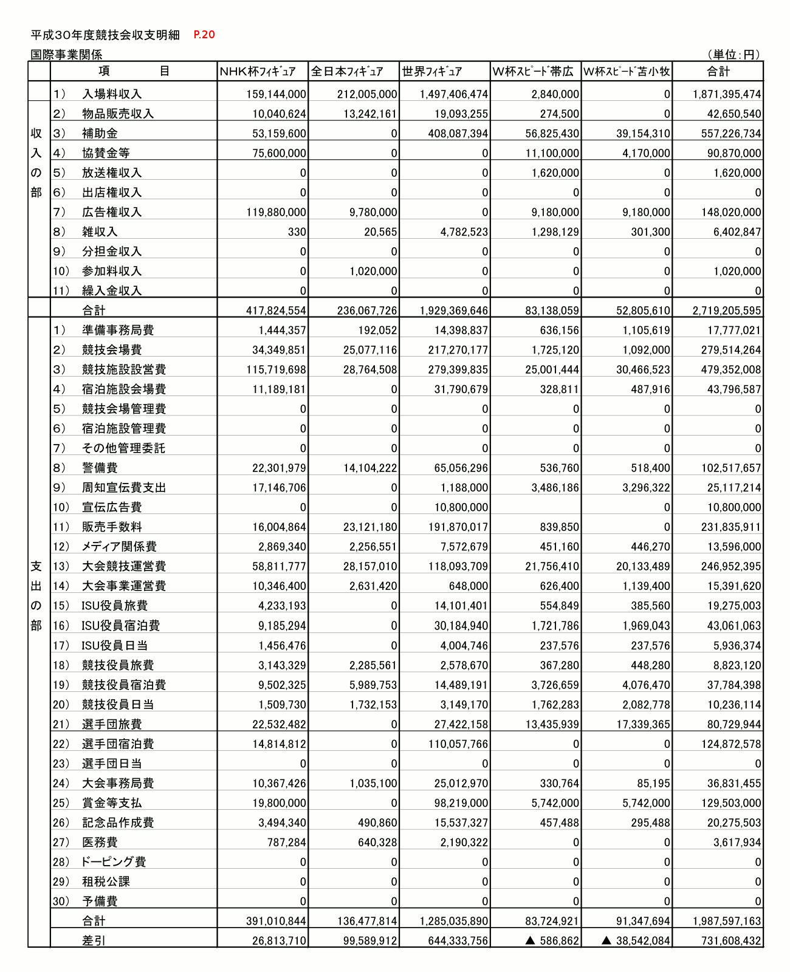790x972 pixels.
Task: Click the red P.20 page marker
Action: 204,35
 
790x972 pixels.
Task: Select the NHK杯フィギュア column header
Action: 258,72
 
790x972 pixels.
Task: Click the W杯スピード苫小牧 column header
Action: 627,72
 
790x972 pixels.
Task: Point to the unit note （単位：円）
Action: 734,55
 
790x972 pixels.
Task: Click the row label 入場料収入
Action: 112,94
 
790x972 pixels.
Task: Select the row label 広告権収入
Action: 112,212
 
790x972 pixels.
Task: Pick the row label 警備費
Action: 100,468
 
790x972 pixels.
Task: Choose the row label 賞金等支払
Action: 112,803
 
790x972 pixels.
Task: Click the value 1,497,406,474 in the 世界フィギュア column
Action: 454,94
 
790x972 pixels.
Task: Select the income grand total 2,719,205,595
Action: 727,310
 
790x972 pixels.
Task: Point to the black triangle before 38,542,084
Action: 606,940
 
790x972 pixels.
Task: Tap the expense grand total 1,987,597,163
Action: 727,921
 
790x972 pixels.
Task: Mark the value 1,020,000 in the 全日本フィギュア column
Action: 373,272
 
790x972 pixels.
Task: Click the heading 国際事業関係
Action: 67,55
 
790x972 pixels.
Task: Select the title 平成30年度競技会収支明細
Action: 105,35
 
